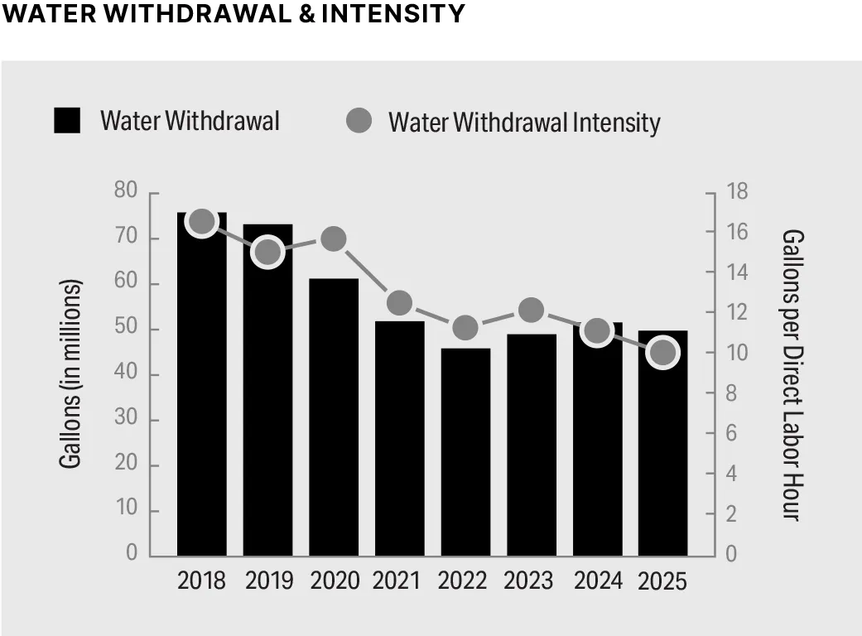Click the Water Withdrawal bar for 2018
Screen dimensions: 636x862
pyautogui.click(x=201, y=389)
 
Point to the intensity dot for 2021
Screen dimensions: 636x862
pyautogui.click(x=399, y=303)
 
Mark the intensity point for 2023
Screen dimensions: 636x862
pyautogui.click(x=532, y=310)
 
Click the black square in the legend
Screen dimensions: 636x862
pyautogui.click(x=67, y=121)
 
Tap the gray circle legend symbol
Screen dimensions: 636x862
pyautogui.click(x=359, y=121)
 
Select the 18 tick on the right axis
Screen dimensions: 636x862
pyautogui.click(x=737, y=192)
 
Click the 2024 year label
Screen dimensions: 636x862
pyautogui.click(x=598, y=581)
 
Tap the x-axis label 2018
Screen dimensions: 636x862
pyautogui.click(x=201, y=581)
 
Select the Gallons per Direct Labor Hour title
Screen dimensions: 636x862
pyautogui.click(x=791, y=374)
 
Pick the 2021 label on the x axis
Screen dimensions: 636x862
pyautogui.click(x=399, y=581)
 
